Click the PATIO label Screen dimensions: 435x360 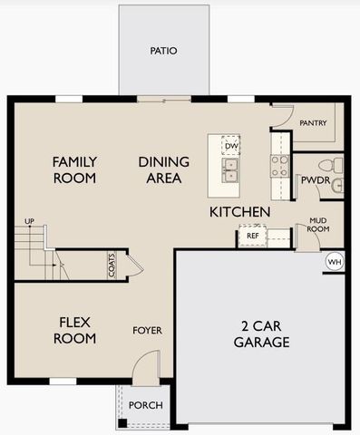pos(163,51)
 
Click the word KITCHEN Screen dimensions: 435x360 pos(239,212)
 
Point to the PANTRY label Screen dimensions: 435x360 pos(313,123)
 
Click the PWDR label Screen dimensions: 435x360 pos(316,180)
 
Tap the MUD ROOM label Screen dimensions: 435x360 pos(317,224)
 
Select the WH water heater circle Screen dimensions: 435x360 pos(334,262)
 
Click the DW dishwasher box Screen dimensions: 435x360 pos(231,145)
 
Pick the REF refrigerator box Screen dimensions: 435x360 pos(252,236)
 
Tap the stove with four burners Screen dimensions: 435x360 pos(279,165)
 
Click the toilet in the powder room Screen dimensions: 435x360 pos(336,165)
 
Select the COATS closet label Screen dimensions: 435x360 pos(112,266)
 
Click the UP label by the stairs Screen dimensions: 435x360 pos(29,221)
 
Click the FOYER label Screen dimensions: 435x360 pos(147,331)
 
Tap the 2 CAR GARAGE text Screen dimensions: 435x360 pos(260,334)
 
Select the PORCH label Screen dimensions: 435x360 pos(145,404)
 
